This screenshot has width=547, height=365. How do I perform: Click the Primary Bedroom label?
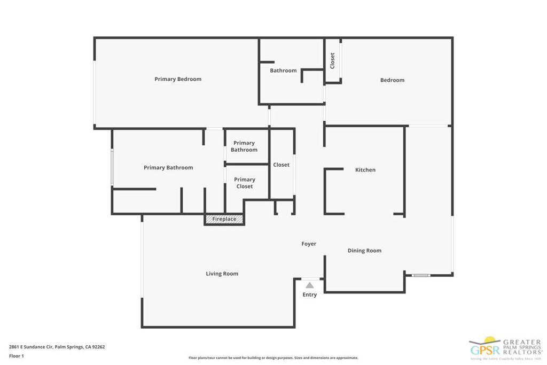(178, 79)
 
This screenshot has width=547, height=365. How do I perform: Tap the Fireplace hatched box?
(224, 219)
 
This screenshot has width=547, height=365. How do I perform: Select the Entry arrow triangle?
(310, 285)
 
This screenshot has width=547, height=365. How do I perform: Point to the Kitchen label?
(365, 170)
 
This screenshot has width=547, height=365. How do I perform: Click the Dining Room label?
(364, 251)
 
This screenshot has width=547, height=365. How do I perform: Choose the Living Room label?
(222, 274)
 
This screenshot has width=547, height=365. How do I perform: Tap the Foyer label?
(309, 244)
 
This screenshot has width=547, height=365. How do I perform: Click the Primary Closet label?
(245, 183)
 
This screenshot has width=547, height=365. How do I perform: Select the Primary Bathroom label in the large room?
(168, 168)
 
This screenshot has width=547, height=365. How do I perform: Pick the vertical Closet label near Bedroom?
(332, 60)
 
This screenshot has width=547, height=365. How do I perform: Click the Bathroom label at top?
(283, 71)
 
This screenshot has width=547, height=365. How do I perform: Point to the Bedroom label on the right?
(392, 80)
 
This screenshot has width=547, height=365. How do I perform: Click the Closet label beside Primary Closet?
(282, 165)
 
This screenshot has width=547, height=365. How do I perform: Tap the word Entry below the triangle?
(310, 294)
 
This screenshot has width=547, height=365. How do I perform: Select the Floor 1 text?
(17, 355)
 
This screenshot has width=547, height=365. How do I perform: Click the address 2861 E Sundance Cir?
(57, 347)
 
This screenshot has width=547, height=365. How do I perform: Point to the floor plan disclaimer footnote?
(273, 358)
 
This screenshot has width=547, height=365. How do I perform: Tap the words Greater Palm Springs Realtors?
(521, 346)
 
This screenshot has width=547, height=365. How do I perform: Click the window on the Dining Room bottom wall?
(421, 276)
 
